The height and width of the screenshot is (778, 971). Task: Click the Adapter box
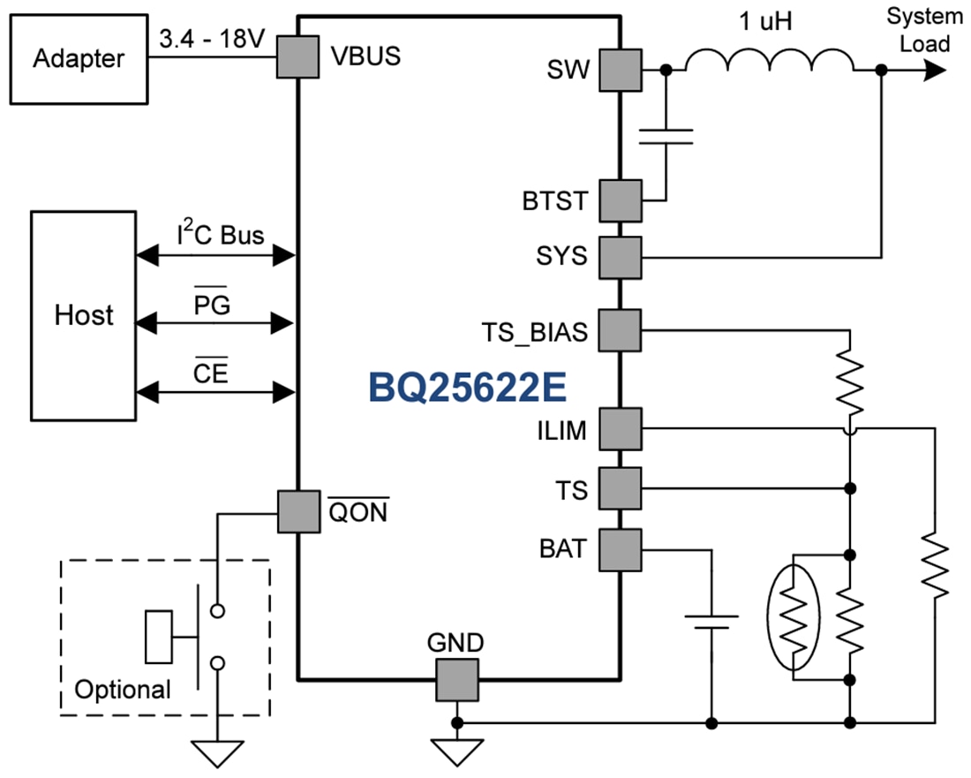78,59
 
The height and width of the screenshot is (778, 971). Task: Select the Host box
83,315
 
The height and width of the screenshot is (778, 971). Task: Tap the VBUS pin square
297,57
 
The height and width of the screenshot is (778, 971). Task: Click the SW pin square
621,71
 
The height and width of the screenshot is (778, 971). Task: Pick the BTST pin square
621,200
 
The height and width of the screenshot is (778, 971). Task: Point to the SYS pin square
621,257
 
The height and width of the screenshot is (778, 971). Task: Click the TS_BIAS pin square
621,330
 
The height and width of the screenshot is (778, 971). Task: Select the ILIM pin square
621,429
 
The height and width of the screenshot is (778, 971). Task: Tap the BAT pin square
621,549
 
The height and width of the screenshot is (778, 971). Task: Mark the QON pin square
297,512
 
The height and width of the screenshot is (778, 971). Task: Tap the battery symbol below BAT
711,622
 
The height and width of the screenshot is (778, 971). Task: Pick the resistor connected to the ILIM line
934,566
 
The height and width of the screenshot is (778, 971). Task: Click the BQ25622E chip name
467,386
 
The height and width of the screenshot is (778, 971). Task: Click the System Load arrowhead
936,72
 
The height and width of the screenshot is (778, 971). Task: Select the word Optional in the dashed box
122,689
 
